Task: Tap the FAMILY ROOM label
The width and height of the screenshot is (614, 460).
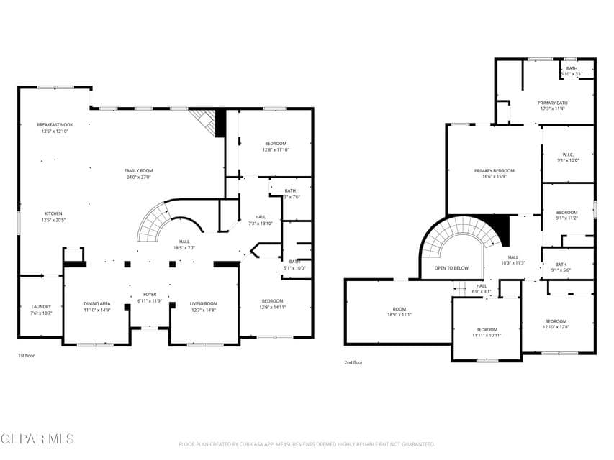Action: click(x=138, y=170)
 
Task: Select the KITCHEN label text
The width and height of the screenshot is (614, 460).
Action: click(x=54, y=213)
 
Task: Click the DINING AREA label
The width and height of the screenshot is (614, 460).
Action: click(x=97, y=303)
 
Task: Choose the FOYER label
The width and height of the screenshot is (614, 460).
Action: click(x=150, y=294)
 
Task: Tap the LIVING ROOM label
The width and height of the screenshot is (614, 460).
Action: click(x=203, y=303)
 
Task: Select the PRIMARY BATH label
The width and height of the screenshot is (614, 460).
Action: click(x=552, y=103)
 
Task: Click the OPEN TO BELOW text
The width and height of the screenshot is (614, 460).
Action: click(x=451, y=267)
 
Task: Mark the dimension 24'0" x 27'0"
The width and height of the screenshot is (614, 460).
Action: click(x=138, y=176)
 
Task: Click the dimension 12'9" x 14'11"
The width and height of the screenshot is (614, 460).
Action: click(x=272, y=307)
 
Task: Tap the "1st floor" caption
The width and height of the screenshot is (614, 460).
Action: click(x=26, y=356)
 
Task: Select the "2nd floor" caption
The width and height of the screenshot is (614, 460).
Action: click(x=353, y=362)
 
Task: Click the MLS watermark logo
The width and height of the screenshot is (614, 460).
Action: click(x=37, y=438)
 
